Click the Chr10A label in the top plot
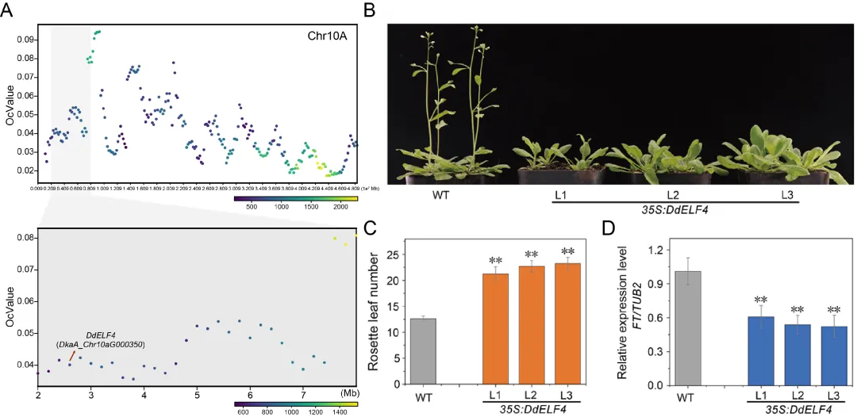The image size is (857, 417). (x=328, y=36)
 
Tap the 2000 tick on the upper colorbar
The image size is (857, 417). (x=340, y=206)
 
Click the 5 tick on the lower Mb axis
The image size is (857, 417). (x=197, y=394)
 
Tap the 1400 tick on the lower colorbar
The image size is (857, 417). (x=340, y=412)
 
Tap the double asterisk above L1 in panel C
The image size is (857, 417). (x=496, y=261)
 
